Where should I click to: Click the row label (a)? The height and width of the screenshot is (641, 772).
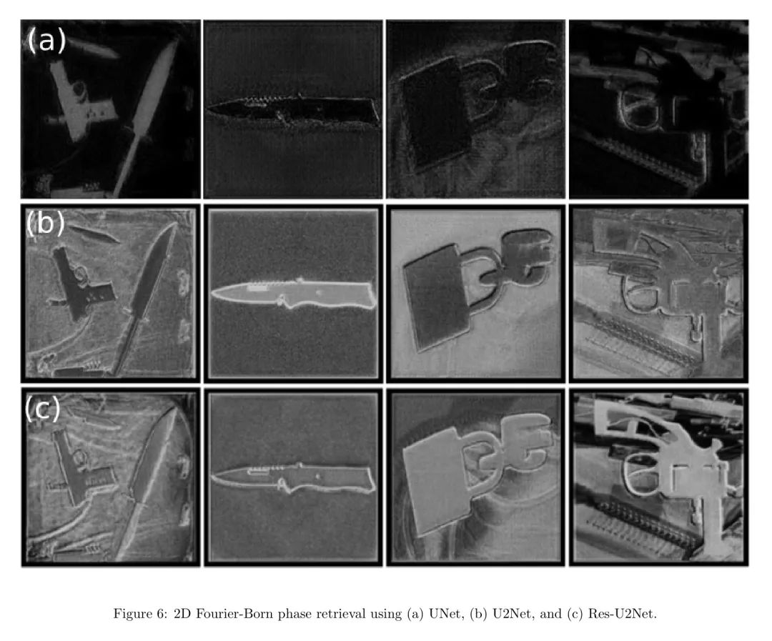(x=46, y=40)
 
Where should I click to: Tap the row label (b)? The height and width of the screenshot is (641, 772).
(x=45, y=223)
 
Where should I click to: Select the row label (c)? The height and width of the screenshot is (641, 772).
(x=43, y=408)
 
